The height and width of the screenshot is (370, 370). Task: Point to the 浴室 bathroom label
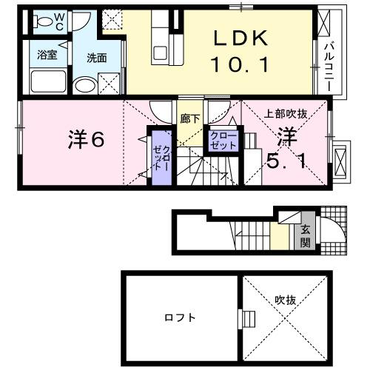(47, 53)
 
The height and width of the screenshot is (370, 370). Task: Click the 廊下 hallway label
(189, 117)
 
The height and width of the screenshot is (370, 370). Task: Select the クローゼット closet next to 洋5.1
(223, 141)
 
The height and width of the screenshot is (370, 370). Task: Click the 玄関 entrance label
(304, 236)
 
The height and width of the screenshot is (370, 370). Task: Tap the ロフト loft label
(181, 318)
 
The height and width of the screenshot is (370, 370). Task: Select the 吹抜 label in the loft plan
(286, 300)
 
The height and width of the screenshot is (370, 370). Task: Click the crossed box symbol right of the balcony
(340, 160)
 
